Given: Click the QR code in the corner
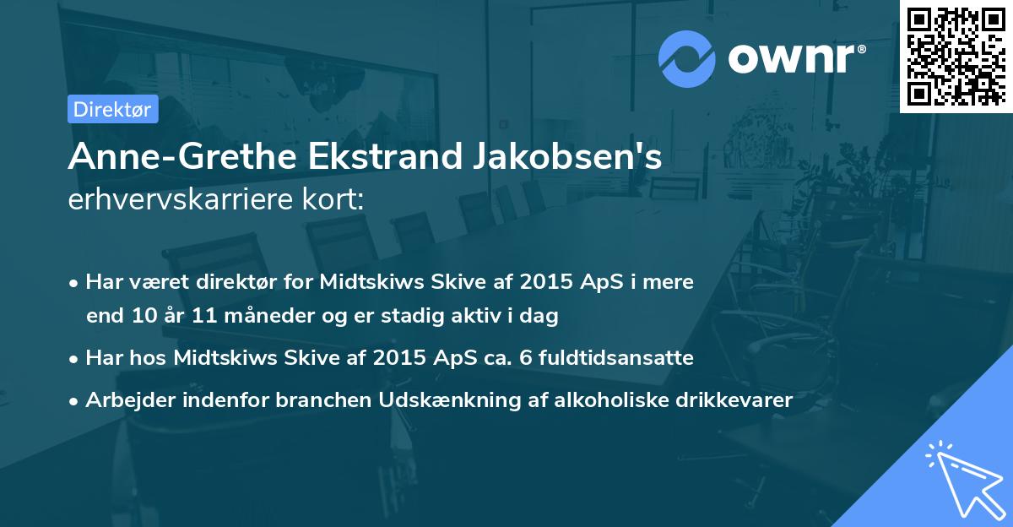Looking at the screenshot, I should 956,56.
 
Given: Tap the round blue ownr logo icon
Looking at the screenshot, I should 687,59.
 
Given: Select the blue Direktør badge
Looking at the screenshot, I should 112,109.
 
